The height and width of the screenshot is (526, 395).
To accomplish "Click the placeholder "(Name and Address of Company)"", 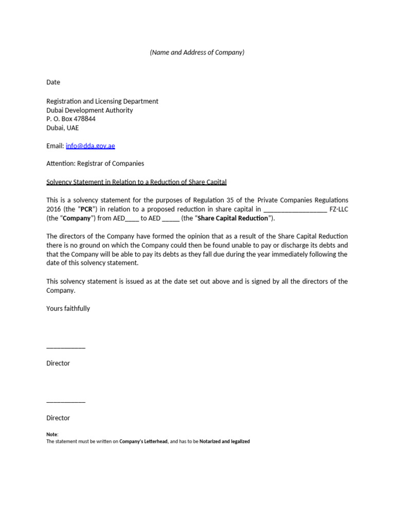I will (197, 52).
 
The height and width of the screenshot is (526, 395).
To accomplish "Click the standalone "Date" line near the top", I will (53, 82).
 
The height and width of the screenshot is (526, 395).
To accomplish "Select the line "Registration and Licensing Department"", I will (102, 101).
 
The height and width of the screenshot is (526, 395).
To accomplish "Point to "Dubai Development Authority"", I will (89, 110).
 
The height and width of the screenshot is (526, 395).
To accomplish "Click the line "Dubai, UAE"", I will (63, 128).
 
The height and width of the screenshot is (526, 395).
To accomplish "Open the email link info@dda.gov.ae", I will (91, 146).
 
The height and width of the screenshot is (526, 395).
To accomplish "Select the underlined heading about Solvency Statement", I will (136, 182).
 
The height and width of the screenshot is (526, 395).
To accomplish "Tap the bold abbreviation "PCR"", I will (86, 209).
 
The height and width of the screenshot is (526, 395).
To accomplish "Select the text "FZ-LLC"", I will (338, 209).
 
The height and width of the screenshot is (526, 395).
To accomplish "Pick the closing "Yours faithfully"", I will (68, 308).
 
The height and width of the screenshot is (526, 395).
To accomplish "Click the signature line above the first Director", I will (66, 348).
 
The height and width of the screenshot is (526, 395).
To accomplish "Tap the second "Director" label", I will (58, 418).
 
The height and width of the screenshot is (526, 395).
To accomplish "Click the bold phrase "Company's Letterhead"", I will (143, 441).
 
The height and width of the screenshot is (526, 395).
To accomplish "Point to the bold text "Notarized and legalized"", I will (224, 441).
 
